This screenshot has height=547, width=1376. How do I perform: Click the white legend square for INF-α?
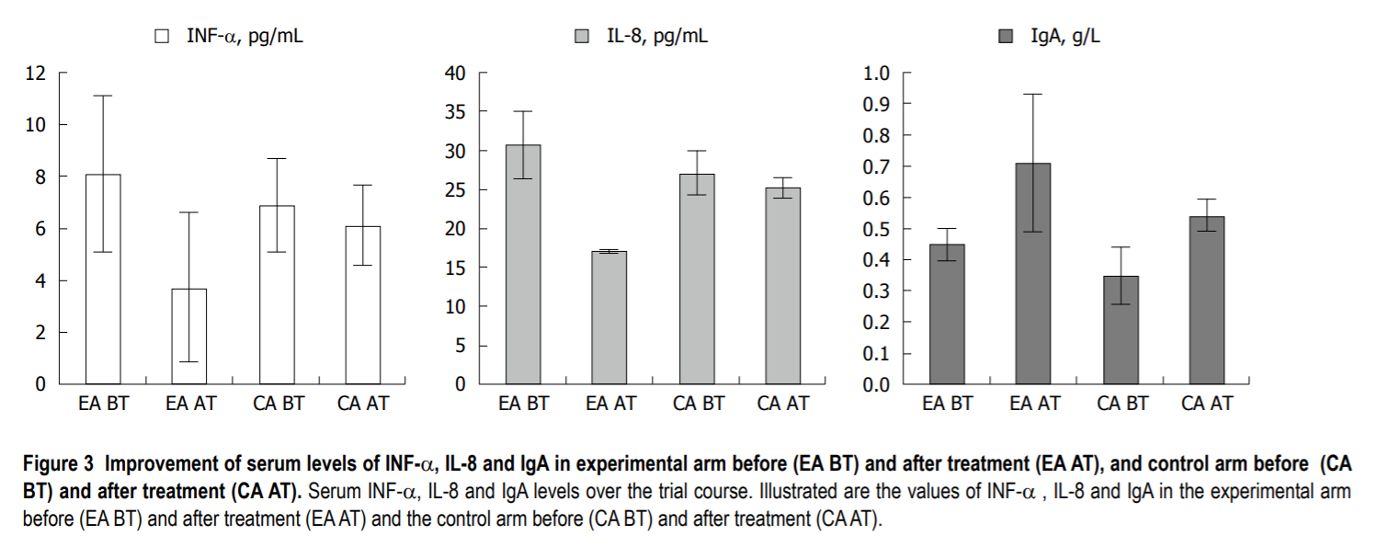click(162, 37)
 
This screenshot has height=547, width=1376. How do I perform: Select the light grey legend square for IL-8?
click(581, 37)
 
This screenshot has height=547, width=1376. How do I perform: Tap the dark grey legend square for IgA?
click(1005, 37)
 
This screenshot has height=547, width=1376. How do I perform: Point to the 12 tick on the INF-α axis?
click(36, 73)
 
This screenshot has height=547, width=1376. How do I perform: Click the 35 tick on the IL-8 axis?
click(455, 111)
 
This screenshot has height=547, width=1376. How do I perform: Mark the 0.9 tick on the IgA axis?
click(877, 104)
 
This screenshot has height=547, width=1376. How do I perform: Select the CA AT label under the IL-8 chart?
click(783, 403)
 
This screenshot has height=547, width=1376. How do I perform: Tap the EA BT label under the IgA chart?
click(947, 403)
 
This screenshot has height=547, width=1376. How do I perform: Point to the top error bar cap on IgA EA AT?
click(1033, 94)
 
